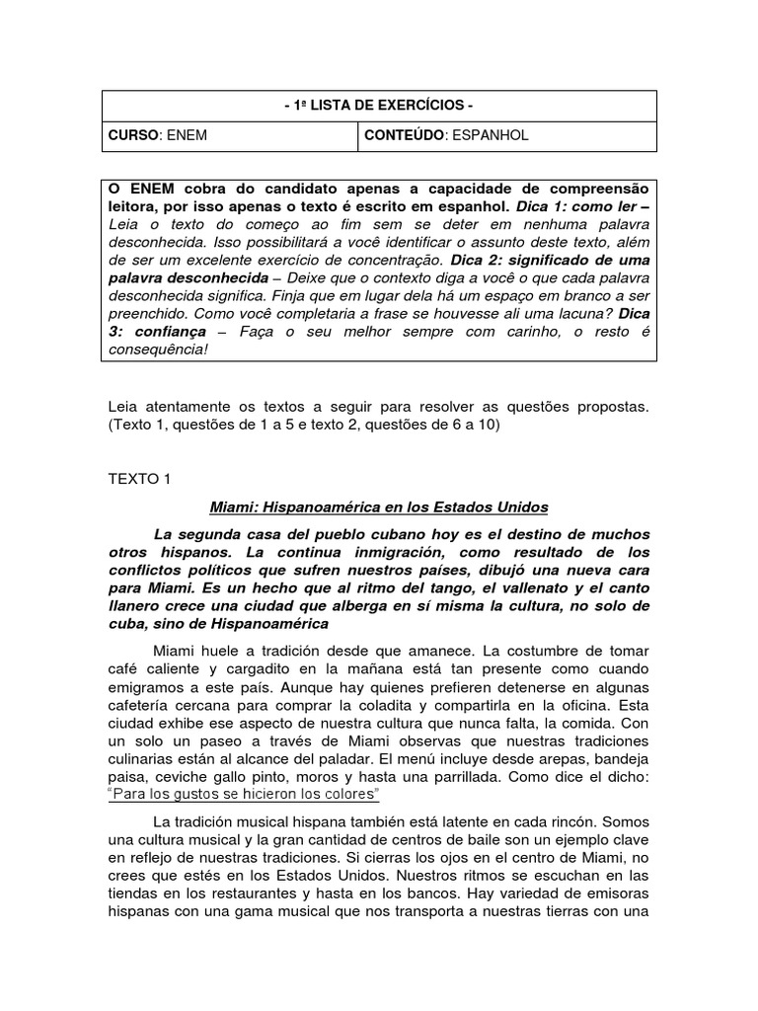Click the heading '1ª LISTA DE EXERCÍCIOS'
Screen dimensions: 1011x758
379,106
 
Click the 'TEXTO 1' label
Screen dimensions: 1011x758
139,479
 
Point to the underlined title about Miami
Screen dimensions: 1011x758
379,507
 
